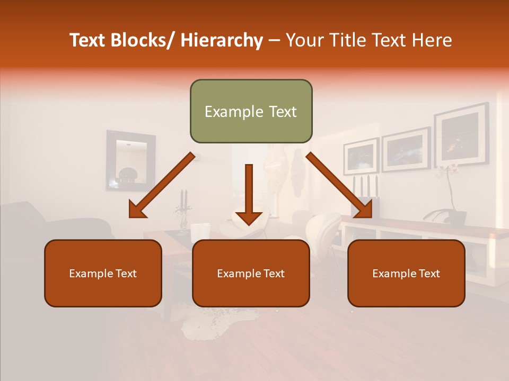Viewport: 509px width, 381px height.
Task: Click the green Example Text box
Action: (251, 111)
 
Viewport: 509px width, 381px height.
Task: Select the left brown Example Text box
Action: (103, 273)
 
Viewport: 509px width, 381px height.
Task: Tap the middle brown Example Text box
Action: (251, 273)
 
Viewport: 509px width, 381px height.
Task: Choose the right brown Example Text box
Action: (406, 273)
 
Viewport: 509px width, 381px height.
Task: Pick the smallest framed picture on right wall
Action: (361, 156)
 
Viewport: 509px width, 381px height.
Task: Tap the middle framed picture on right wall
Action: (406, 149)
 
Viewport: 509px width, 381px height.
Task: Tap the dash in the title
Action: (274, 40)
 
